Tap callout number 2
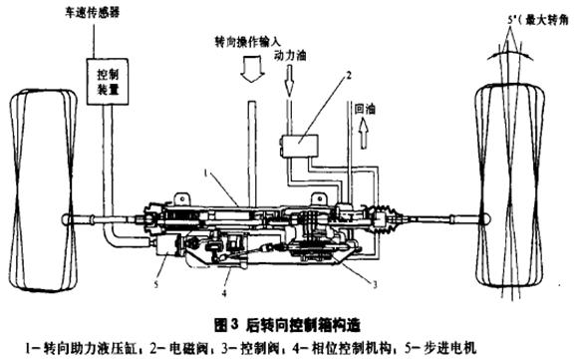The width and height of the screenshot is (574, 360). click(350, 75)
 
